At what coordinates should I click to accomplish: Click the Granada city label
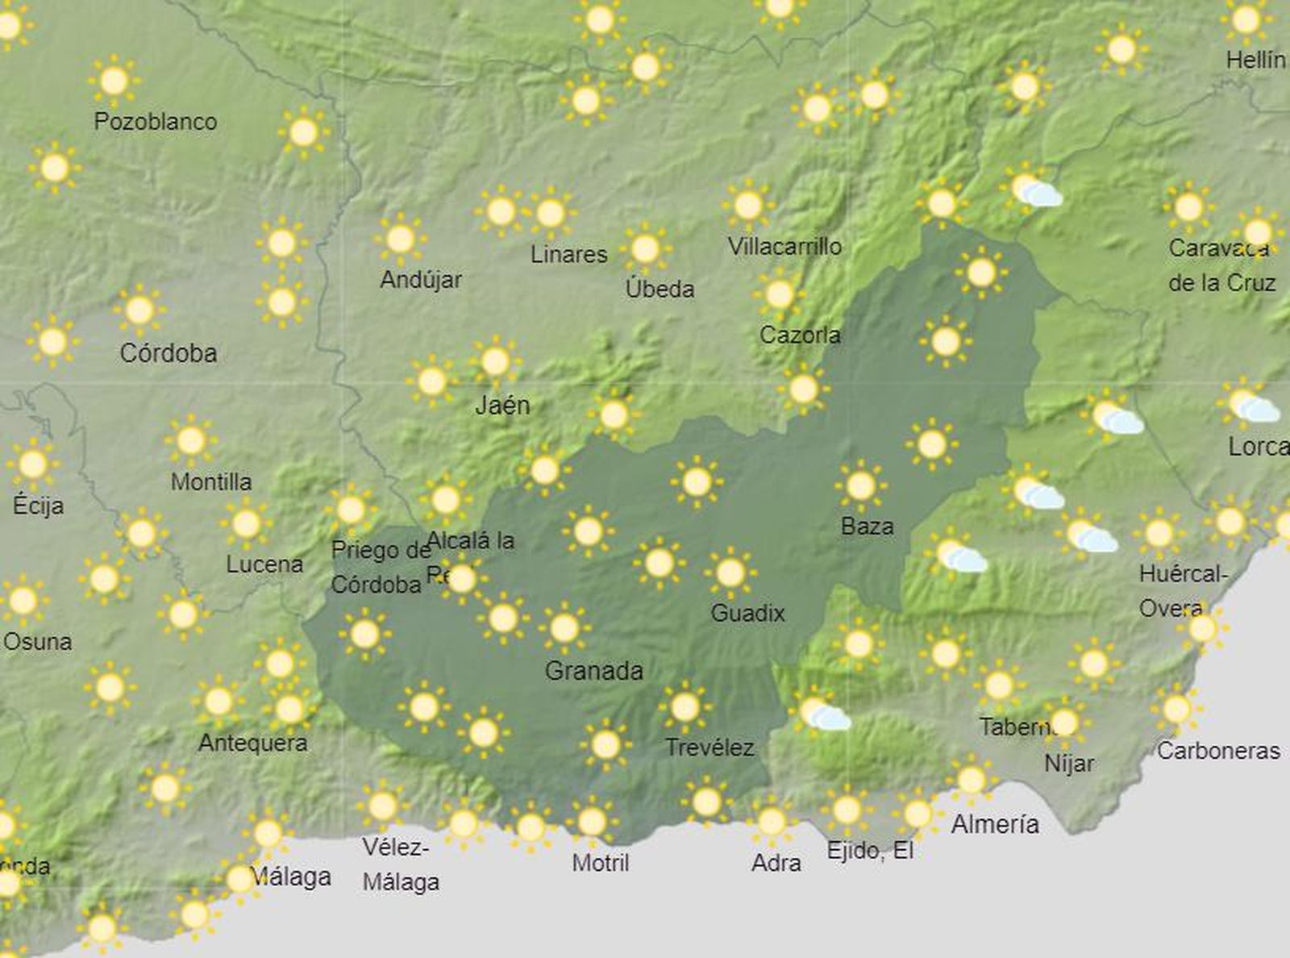click(594, 670)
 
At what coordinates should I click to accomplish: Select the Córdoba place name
click(168, 352)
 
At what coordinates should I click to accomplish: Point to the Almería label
click(995, 823)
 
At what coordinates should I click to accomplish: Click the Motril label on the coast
click(600, 862)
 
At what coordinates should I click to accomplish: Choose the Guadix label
click(747, 613)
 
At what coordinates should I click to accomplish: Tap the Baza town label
click(867, 526)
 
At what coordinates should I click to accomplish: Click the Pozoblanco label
click(156, 121)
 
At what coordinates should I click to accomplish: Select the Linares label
click(568, 254)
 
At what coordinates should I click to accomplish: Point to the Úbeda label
click(660, 288)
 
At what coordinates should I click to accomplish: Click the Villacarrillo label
click(784, 246)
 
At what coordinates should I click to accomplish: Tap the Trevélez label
click(709, 748)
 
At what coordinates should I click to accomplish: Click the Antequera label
click(252, 742)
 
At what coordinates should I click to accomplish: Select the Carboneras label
click(1217, 750)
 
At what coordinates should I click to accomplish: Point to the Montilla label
click(211, 481)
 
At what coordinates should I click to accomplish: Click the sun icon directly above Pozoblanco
click(114, 80)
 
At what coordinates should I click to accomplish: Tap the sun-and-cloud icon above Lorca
click(1252, 406)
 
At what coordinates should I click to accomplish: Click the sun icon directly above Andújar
click(400, 239)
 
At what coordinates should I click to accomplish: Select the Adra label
click(776, 862)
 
